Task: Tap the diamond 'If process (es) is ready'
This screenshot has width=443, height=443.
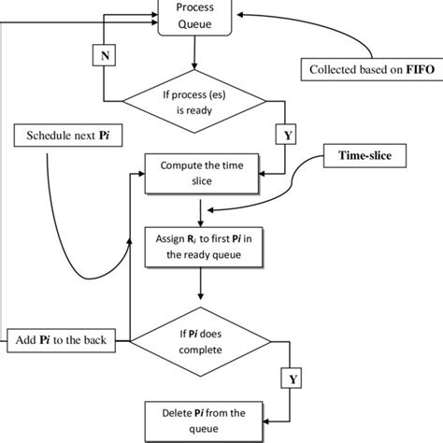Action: [194, 100]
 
